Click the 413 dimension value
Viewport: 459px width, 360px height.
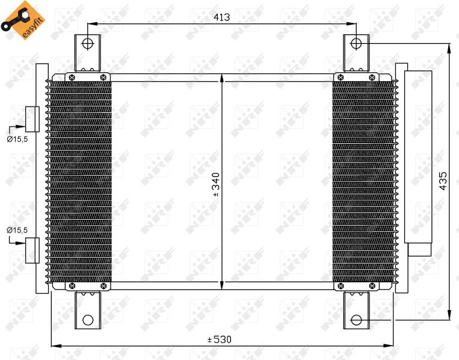(x=221, y=17)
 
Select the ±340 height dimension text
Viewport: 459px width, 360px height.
(x=216, y=185)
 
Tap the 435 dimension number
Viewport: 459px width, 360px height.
(x=443, y=181)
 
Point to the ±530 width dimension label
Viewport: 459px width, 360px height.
(x=219, y=340)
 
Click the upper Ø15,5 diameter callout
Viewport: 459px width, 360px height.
(x=17, y=139)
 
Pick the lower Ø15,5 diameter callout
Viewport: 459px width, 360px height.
(x=17, y=230)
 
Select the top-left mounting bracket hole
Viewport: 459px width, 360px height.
(x=87, y=44)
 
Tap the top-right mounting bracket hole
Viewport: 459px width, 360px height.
(x=356, y=44)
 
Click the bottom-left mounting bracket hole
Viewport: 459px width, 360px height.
(x=88, y=320)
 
